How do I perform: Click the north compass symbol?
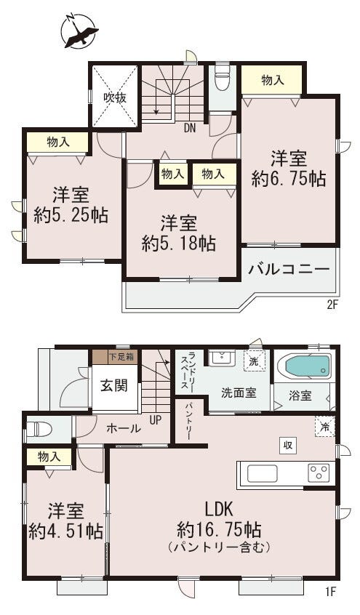point(79,31)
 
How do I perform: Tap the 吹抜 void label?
point(115,97)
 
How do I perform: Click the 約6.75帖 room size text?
point(289,180)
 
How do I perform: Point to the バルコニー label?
point(289,270)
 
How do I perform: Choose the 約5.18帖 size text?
point(179,244)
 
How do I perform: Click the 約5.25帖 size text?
point(71,215)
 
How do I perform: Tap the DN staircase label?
point(190,128)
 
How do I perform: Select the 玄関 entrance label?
point(114,385)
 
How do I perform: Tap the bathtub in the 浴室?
point(305,366)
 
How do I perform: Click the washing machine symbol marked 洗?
point(255,361)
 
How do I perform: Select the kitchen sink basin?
point(263,473)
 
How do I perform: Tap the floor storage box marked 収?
point(288,446)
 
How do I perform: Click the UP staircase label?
point(156,420)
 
